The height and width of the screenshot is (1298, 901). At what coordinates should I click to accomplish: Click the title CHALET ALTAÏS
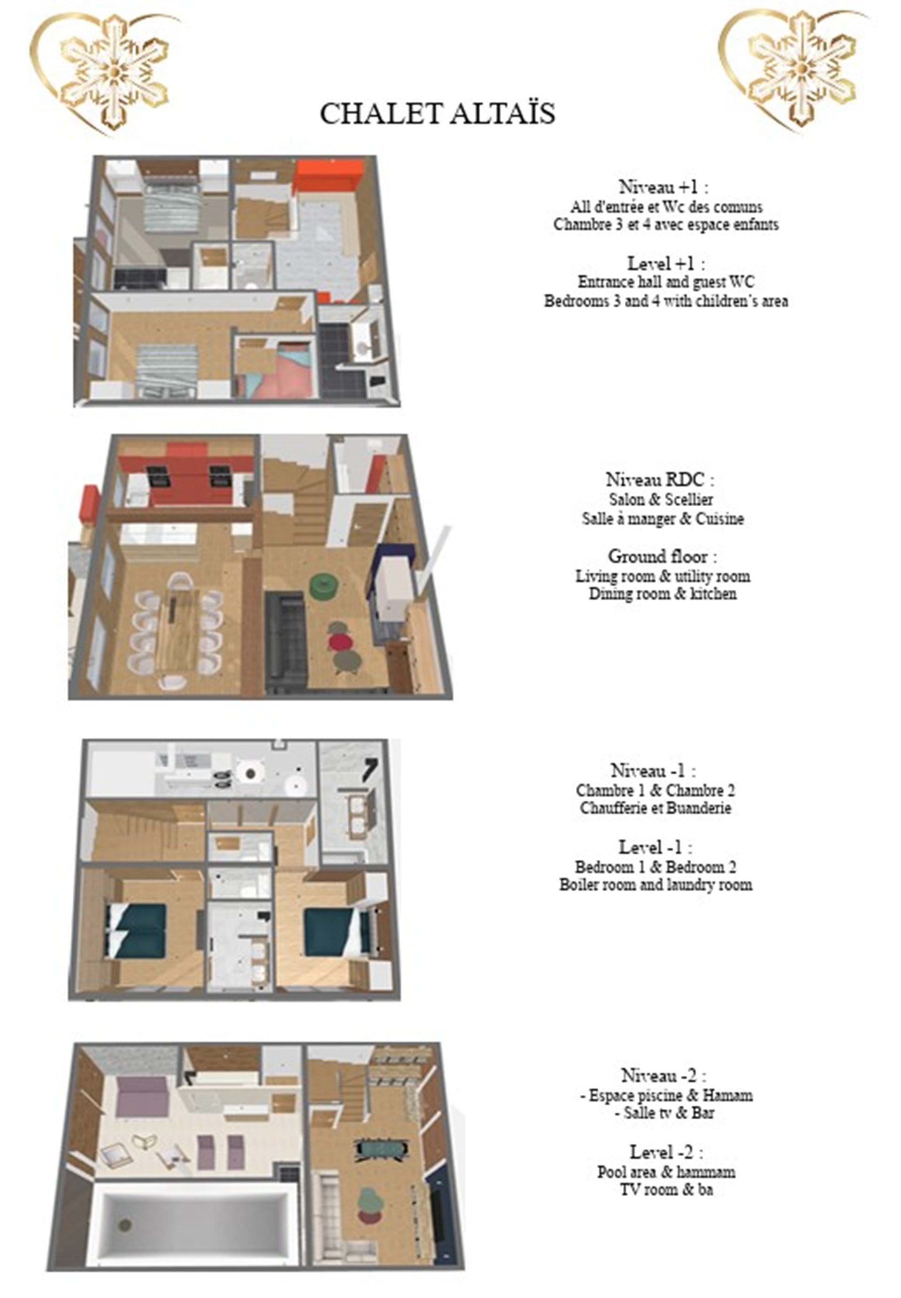437,113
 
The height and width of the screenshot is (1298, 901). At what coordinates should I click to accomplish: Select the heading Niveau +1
664,186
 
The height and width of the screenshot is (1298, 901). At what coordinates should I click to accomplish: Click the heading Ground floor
663,556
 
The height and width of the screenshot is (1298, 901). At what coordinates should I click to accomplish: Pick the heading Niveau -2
664,1075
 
